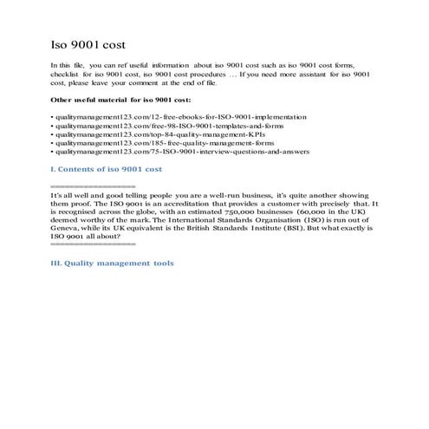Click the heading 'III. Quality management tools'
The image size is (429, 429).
pos(113,263)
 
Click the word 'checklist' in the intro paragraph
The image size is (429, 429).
pos(69,75)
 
